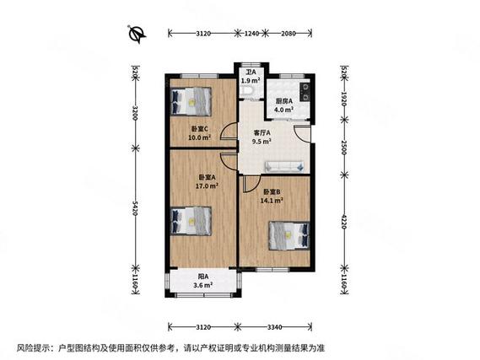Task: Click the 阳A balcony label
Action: (x=204, y=281)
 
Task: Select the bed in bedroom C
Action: (x=191, y=101)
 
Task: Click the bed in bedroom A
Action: (x=191, y=222)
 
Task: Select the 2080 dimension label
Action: (x=287, y=34)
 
